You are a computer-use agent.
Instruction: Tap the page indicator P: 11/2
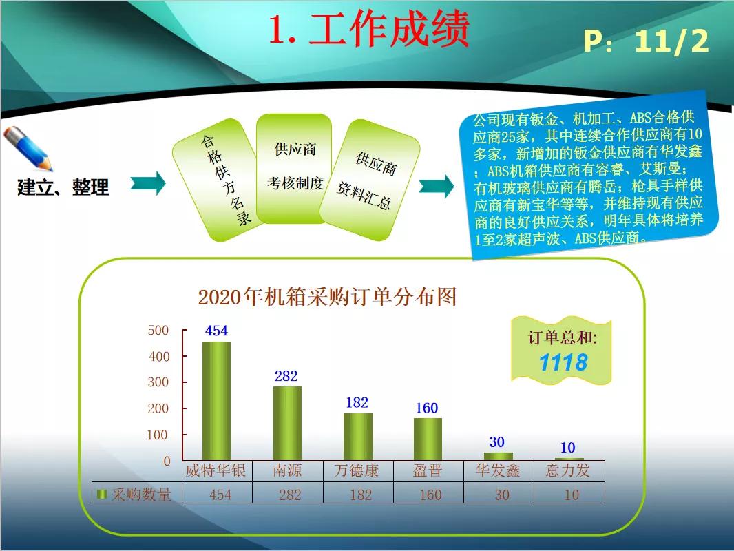[645, 41]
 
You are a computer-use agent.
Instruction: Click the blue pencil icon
[28, 148]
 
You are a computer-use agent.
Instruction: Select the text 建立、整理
[63, 187]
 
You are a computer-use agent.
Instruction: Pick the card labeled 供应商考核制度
[295, 167]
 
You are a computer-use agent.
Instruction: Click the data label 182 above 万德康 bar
[357, 403]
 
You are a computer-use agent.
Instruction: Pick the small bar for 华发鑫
[498, 456]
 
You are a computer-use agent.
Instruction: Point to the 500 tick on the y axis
[158, 331]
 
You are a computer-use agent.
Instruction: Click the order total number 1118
[563, 362]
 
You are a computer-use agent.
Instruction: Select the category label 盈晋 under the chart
[428, 471]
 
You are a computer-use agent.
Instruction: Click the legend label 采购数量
[142, 494]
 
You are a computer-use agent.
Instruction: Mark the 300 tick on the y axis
[158, 382]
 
